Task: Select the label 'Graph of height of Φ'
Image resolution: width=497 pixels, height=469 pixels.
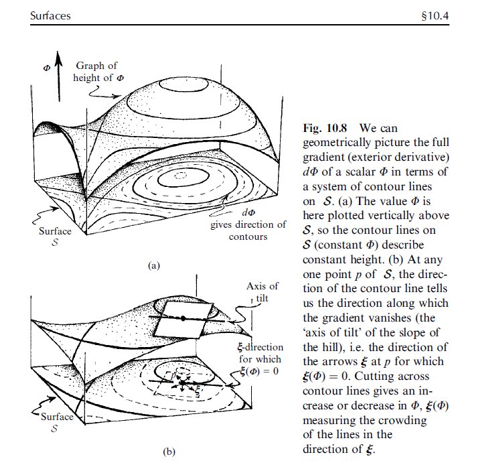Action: pos(96,71)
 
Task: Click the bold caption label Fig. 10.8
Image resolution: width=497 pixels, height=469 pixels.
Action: pos(326,127)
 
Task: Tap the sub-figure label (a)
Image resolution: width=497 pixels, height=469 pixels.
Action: pos(154,266)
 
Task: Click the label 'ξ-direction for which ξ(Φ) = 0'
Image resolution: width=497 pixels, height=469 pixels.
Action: pos(259,358)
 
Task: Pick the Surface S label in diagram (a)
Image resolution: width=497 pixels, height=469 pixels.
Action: pos(54,237)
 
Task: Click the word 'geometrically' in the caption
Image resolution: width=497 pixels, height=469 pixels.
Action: pos(336,142)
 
